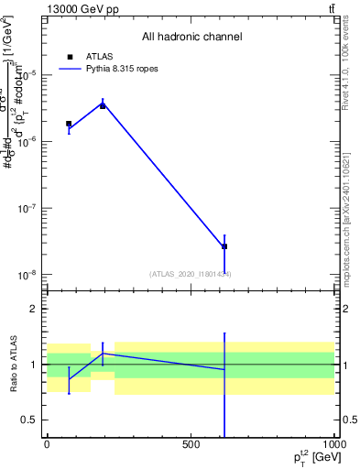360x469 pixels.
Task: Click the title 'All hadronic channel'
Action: point(191,37)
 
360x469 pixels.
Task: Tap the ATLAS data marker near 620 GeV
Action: point(224,246)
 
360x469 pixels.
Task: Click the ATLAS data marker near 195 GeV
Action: point(103,105)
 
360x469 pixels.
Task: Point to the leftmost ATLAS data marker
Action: point(69,124)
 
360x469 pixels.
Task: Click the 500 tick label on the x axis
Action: point(191,444)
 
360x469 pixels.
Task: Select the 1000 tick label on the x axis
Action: point(333,444)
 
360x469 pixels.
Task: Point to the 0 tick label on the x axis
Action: point(48,444)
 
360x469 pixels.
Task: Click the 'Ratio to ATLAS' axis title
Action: point(13,365)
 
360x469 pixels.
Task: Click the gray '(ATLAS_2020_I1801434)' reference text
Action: point(191,274)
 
